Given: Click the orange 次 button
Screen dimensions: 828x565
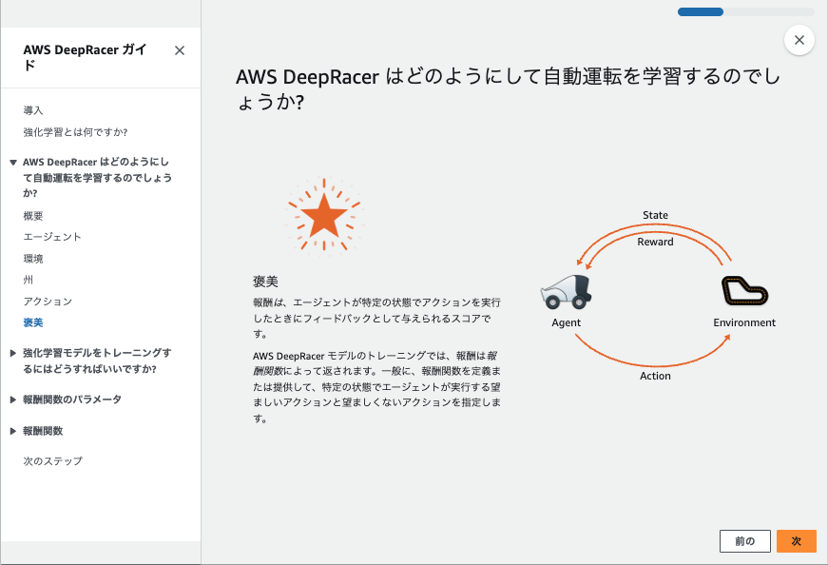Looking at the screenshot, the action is pyautogui.click(x=796, y=540).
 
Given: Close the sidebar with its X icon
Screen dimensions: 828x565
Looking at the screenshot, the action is pyautogui.click(x=180, y=50).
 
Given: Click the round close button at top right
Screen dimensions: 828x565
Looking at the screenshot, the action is pyautogui.click(x=799, y=40).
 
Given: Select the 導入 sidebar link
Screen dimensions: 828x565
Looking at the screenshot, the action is pyautogui.click(x=33, y=110).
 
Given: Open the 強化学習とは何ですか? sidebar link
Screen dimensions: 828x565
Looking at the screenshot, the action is pyautogui.click(x=75, y=131).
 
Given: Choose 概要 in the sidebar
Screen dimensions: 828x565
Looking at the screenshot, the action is pyautogui.click(x=33, y=216).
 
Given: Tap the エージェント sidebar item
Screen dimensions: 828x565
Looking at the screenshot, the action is pyautogui.click(x=52, y=237).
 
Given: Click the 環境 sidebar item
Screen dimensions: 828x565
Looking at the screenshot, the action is pyautogui.click(x=33, y=259).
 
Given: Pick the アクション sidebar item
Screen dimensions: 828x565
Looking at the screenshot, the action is pyautogui.click(x=48, y=302).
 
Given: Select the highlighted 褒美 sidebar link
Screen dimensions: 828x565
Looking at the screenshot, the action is pyautogui.click(x=33, y=322).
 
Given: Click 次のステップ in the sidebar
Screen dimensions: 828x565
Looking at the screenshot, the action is pyautogui.click(x=52, y=461).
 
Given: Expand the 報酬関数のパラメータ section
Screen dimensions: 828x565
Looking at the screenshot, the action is pyautogui.click(x=71, y=399).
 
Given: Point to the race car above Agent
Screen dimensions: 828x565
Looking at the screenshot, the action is pyautogui.click(x=567, y=291).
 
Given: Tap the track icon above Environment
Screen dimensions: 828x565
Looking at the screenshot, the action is pyautogui.click(x=744, y=291).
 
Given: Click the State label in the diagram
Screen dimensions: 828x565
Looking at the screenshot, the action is pyautogui.click(x=655, y=215).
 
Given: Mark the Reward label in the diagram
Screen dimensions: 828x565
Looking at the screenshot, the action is pyautogui.click(x=655, y=242).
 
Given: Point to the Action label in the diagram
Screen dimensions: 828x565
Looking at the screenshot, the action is pyautogui.click(x=655, y=376).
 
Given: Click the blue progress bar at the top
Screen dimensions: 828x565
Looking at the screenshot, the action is pyautogui.click(x=701, y=12).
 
